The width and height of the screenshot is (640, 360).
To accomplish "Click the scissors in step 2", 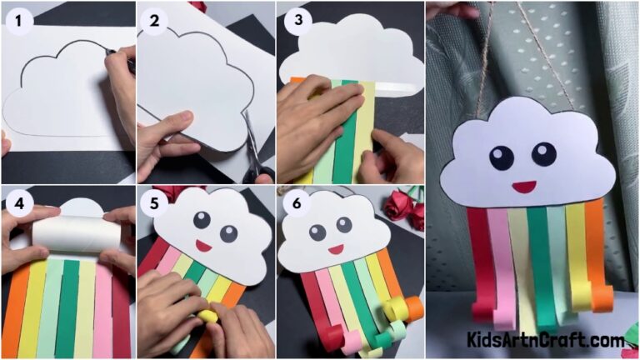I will click(x=255, y=154).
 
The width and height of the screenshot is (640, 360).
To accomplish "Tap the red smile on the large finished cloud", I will click(x=522, y=186).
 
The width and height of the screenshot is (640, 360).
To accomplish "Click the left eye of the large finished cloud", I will click(x=502, y=157).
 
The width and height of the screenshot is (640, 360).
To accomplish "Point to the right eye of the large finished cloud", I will click(x=543, y=153).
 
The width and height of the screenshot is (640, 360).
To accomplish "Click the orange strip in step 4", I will click(x=17, y=308).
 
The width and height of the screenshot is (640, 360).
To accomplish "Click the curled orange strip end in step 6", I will click(x=412, y=309).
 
